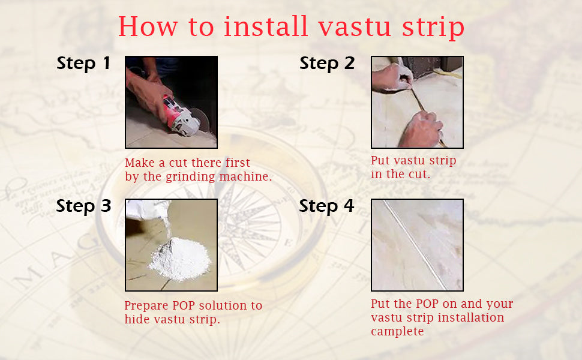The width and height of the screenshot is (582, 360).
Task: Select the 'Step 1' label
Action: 83,63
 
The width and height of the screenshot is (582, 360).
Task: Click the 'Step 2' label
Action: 327,63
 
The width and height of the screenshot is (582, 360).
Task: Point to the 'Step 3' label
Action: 83,206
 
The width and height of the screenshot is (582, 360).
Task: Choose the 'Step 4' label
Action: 327,206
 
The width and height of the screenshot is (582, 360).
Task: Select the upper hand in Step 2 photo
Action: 393,77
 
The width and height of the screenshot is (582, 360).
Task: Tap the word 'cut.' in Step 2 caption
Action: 419,175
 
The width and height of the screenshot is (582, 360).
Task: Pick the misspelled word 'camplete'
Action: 397,331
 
